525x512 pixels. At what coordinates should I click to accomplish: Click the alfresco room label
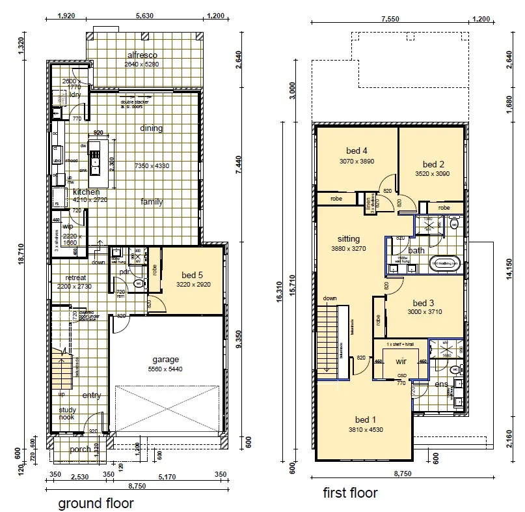point(142,55)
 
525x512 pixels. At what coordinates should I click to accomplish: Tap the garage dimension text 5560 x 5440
point(166,368)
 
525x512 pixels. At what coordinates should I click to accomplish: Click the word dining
point(152,128)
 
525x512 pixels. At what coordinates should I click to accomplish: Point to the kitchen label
point(87,192)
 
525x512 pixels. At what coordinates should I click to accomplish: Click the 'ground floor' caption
point(96,503)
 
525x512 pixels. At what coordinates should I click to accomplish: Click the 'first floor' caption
point(350,493)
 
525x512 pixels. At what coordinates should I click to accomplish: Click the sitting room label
point(348,239)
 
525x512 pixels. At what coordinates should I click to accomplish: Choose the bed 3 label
point(423,303)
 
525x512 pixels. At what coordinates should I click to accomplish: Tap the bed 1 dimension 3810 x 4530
point(365,429)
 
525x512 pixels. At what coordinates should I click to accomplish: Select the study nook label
point(67,414)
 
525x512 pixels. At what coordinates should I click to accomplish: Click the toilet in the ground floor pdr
point(138,284)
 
